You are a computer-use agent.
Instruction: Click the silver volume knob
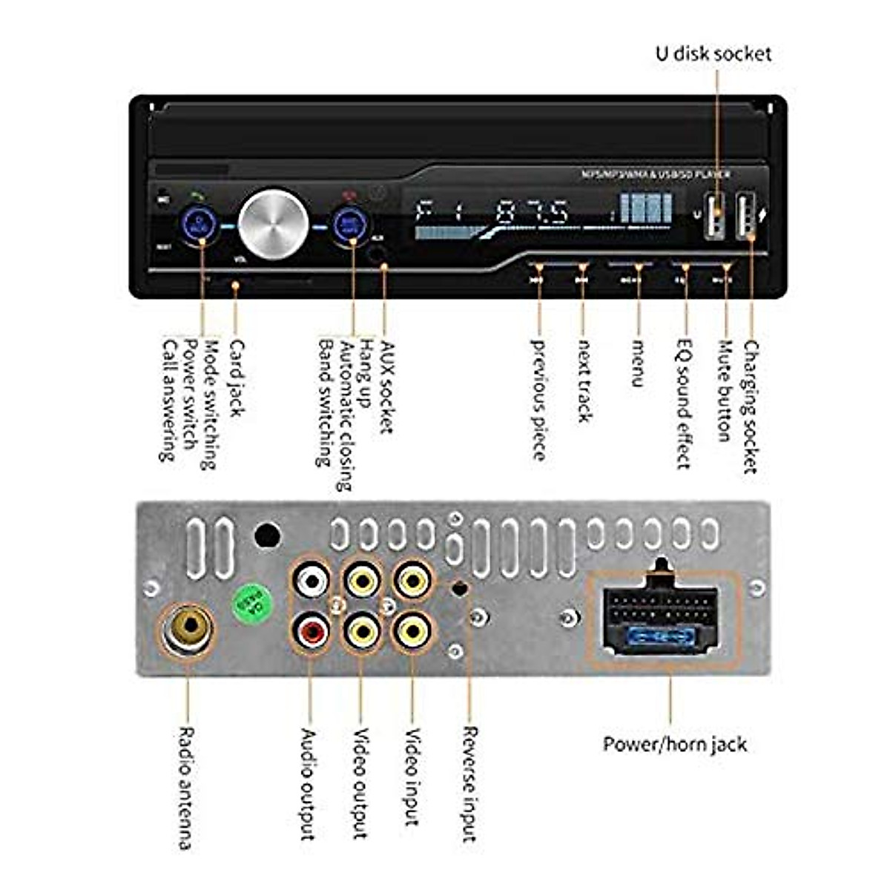coord(274,223)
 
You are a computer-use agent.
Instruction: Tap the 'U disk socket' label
coord(713,53)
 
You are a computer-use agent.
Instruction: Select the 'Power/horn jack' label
coord(674,744)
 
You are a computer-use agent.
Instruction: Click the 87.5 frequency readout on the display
coord(532,213)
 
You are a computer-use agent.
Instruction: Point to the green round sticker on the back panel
coord(252,604)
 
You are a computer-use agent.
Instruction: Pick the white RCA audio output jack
coord(311,581)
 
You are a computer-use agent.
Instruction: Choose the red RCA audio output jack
coord(311,631)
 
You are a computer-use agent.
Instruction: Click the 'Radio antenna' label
coord(186,788)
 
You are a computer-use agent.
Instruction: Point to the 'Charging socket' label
coord(751,406)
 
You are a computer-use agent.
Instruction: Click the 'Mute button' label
coord(725,391)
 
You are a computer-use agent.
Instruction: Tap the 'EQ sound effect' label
coord(684,404)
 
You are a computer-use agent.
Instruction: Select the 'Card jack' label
coord(236,378)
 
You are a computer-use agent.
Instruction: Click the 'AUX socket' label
coord(386,386)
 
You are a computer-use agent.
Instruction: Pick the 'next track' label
coord(584,380)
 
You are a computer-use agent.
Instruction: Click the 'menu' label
coord(636,363)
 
